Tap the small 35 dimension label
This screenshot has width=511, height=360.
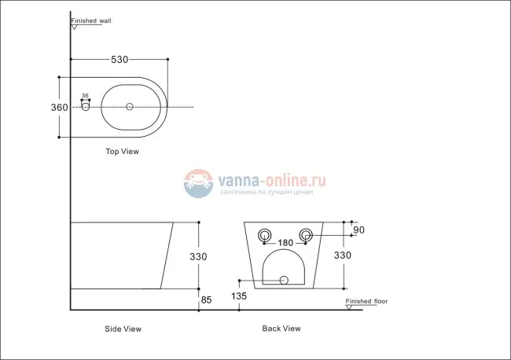pyautogui.click(x=85, y=96)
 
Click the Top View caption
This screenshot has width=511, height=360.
pyautogui.click(x=122, y=152)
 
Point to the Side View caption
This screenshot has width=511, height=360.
pyautogui.click(x=123, y=329)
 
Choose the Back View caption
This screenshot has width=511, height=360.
pyautogui.click(x=281, y=329)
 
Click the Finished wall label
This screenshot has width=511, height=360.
pyautogui.click(x=91, y=21)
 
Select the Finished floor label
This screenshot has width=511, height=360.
pyautogui.click(x=367, y=301)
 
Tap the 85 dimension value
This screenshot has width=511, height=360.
pyautogui.click(x=207, y=299)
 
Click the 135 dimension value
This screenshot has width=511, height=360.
pyautogui.click(x=240, y=296)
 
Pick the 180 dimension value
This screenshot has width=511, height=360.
pyautogui.click(x=286, y=243)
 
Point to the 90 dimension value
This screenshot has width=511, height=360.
pyautogui.click(x=359, y=230)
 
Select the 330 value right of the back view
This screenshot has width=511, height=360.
pyautogui.click(x=343, y=255)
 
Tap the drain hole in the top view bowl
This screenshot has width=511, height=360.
pyautogui.click(x=130, y=107)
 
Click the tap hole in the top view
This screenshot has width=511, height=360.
pyautogui.click(x=85, y=107)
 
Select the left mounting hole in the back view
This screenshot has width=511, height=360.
pyautogui.click(x=264, y=234)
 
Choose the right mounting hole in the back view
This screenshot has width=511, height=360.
pyautogui.click(x=308, y=234)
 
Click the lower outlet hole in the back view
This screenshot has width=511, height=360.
pyautogui.click(x=285, y=280)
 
